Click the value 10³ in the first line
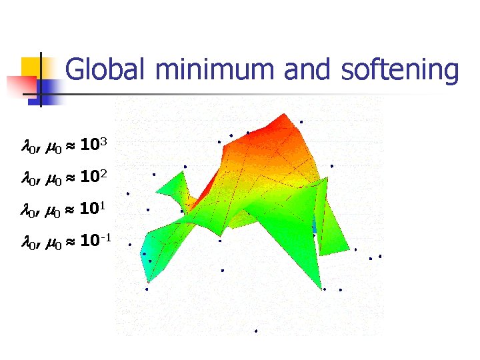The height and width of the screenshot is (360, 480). click(x=91, y=144)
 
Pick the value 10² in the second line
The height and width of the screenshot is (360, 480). click(x=91, y=177)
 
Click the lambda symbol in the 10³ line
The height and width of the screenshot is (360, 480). click(x=28, y=145)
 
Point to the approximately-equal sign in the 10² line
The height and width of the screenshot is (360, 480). click(x=69, y=178)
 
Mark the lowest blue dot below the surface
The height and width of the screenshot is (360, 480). click(x=256, y=331)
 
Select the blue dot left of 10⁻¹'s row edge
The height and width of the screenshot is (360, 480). click(x=130, y=244)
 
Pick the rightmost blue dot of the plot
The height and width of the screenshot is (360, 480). click(x=380, y=256)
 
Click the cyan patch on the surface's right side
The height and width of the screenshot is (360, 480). click(x=315, y=227)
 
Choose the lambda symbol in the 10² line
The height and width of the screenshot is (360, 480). click(x=28, y=178)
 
